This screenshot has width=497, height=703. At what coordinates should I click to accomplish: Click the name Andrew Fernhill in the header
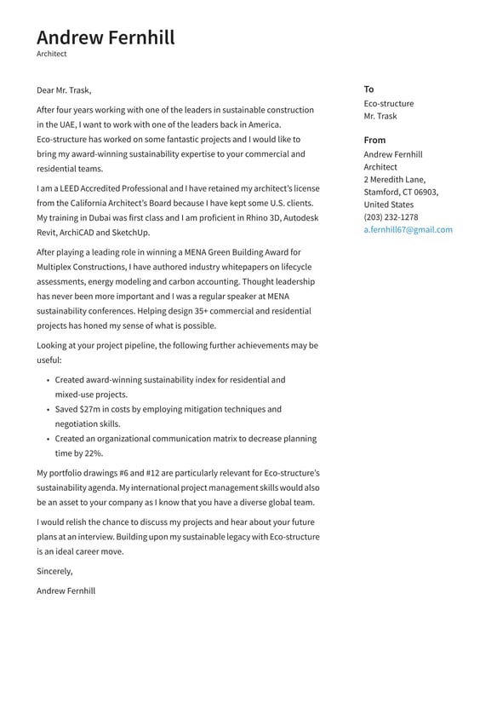tap(106, 37)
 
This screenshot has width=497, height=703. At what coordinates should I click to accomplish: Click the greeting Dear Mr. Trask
tap(64, 90)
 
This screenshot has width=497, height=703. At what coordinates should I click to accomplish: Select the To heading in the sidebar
tap(368, 89)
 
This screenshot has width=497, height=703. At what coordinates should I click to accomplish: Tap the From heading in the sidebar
tap(374, 140)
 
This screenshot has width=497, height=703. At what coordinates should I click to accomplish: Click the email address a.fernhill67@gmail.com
tap(408, 229)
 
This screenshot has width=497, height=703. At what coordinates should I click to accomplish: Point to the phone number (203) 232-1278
tap(391, 217)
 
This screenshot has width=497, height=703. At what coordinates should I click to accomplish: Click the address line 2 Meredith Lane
tap(394, 180)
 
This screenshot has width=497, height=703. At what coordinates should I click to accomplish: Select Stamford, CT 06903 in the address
tap(400, 193)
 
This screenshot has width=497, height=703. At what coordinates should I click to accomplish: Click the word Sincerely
tap(54, 571)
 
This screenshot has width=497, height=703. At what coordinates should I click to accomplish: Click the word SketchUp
tap(131, 233)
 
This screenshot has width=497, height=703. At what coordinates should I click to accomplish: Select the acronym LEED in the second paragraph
tap(71, 188)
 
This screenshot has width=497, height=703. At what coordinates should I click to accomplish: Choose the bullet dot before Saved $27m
tap(48, 410)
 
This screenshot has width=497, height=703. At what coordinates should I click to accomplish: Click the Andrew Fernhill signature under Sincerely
tap(66, 591)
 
